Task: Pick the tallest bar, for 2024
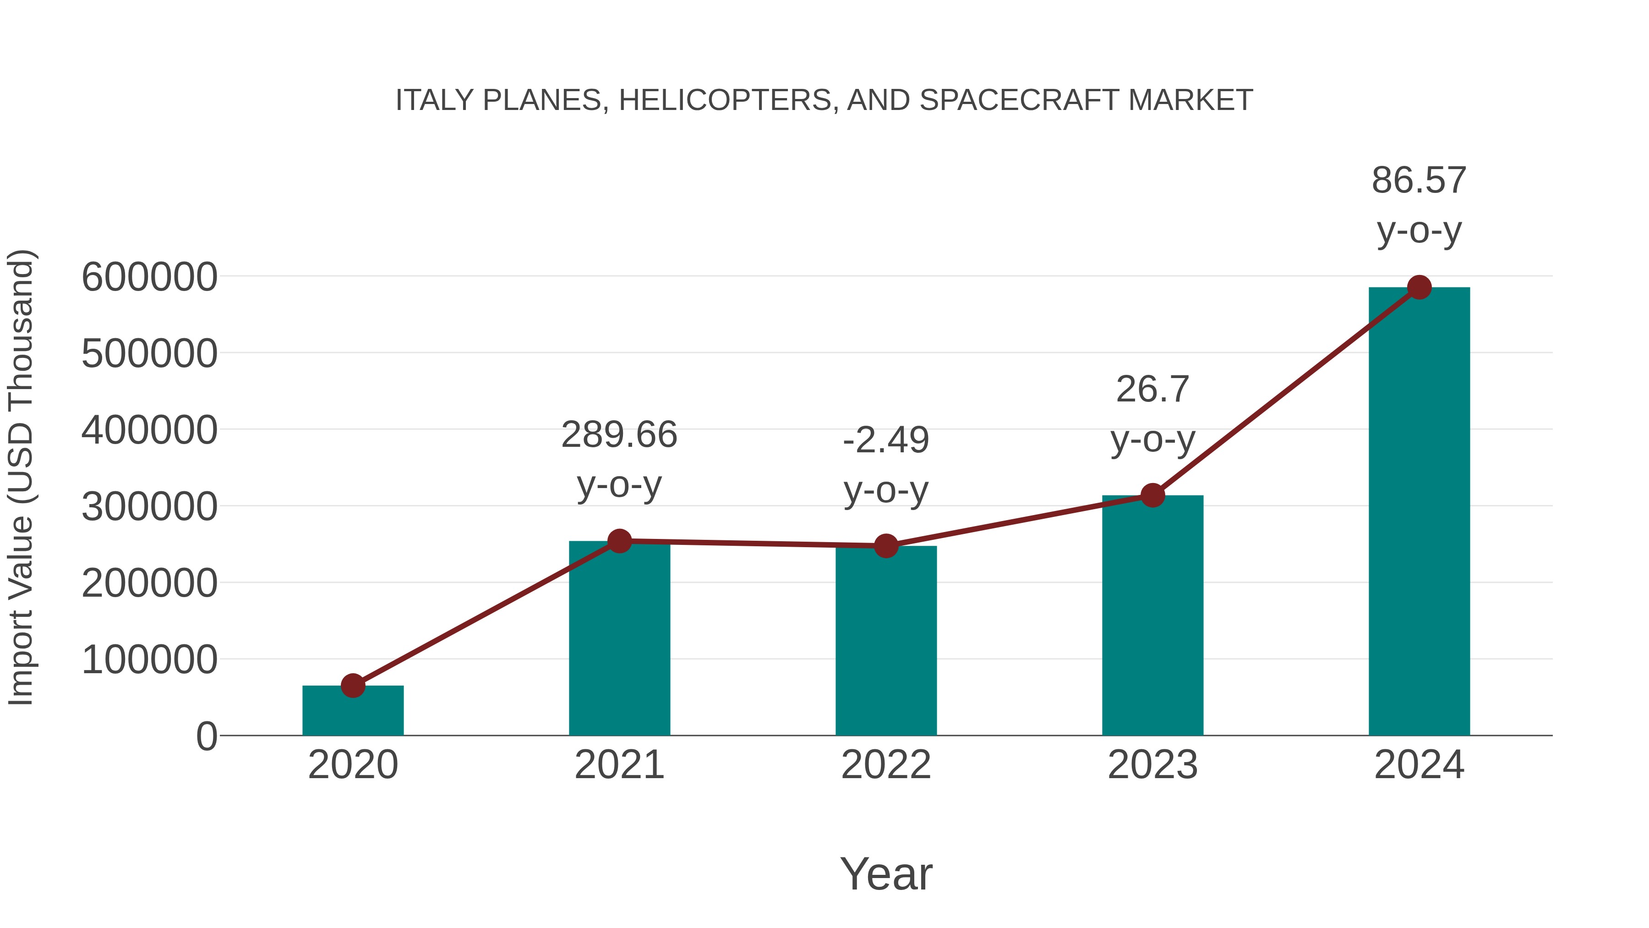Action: (x=1419, y=512)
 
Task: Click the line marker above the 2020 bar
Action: (x=353, y=685)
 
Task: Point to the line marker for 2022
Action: (x=886, y=546)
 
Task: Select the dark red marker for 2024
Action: (x=1419, y=287)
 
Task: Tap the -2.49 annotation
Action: (x=886, y=440)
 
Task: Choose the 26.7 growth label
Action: (x=1152, y=390)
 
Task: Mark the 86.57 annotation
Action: (x=1419, y=181)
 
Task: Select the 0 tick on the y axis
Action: (x=206, y=736)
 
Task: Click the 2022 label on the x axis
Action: (x=886, y=765)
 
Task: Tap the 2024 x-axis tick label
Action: (x=1419, y=765)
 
